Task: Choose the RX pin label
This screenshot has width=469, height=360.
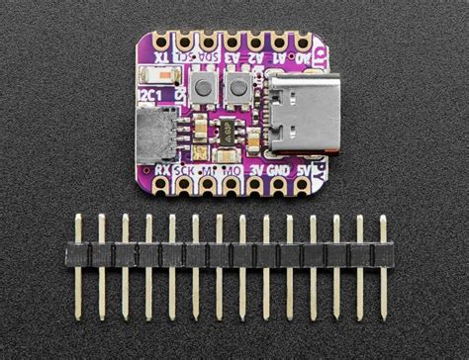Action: pyautogui.click(x=160, y=171)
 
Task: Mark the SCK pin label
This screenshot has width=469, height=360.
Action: pyautogui.click(x=183, y=171)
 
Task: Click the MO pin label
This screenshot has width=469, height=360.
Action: pyautogui.click(x=234, y=171)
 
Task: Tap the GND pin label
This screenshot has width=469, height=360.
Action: pyautogui.click(x=282, y=171)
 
